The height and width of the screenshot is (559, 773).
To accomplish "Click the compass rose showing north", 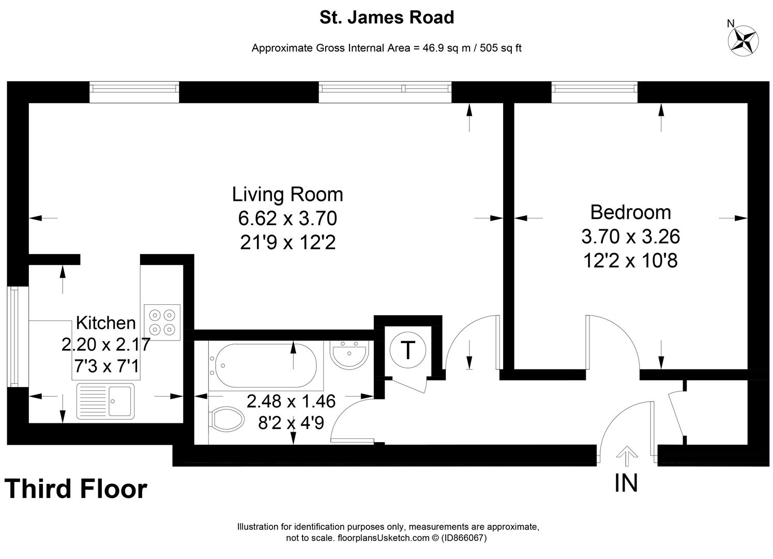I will (x=743, y=40).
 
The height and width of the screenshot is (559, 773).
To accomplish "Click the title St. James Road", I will (x=386, y=17).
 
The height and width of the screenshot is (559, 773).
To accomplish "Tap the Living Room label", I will (x=287, y=194).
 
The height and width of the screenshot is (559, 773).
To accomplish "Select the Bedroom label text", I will (x=630, y=212).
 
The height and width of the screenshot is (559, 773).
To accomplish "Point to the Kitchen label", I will (x=105, y=322).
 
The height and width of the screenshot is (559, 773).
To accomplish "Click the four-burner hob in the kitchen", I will (x=162, y=322).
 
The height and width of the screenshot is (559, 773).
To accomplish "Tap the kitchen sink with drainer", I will (x=105, y=401).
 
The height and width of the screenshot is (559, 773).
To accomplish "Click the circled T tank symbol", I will (x=408, y=350).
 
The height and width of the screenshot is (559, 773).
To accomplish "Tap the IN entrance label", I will (x=626, y=483).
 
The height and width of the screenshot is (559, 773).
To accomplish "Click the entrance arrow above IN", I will (x=627, y=456).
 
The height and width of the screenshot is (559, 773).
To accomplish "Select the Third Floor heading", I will (x=76, y=489).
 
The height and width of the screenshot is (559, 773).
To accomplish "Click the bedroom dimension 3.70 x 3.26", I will (x=630, y=237).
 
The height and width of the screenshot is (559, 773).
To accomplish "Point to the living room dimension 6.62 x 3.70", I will (x=287, y=218).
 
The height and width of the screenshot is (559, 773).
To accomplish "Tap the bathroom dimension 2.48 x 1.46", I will (x=291, y=401).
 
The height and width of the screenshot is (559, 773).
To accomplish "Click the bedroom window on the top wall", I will (x=594, y=92).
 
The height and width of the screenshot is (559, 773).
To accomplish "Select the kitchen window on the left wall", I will (x=13, y=337).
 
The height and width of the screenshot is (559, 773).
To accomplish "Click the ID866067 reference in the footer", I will (x=464, y=538).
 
